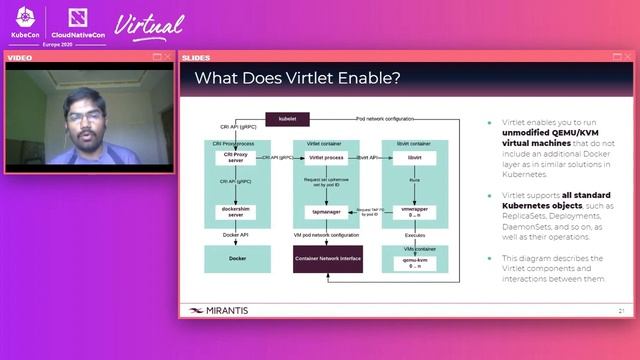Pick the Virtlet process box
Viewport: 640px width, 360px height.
[326, 158]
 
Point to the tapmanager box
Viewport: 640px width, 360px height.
[326, 212]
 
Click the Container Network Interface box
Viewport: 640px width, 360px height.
[327, 258]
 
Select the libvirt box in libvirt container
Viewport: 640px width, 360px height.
[413, 158]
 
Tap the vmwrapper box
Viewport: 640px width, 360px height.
[413, 212]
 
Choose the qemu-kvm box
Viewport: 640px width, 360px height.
[413, 258]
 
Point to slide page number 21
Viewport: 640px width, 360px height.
[621, 311]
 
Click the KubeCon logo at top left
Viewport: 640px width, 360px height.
[25, 23]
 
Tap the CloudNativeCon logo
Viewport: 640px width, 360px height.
[80, 23]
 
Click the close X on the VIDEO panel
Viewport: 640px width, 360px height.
[168, 57]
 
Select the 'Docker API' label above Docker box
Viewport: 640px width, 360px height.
[236, 235]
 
